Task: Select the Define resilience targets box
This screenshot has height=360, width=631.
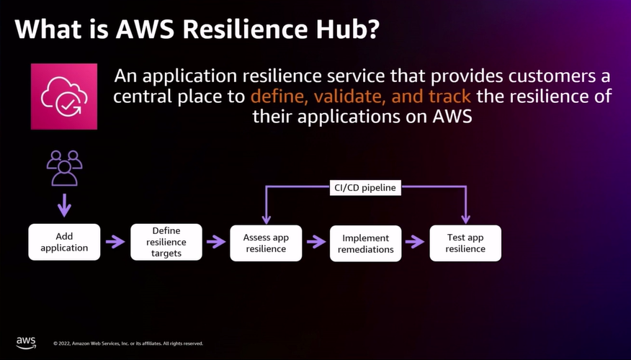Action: [166, 243]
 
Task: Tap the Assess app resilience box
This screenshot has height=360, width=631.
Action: [266, 243]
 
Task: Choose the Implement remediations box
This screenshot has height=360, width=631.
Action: [365, 243]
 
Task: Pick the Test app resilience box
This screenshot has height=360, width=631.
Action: [465, 243]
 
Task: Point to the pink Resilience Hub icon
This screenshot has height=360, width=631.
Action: [64, 96]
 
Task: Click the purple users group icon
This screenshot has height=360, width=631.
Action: [64, 168]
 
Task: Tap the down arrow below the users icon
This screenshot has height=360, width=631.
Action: [64, 205]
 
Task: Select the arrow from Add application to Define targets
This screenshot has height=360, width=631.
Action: [115, 243]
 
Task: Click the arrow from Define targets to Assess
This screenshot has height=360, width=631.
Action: [216, 243]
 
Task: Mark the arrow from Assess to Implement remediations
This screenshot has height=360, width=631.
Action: [315, 243]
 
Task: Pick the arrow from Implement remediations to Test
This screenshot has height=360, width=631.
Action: [415, 243]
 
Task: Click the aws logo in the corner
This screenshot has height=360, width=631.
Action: [26, 341]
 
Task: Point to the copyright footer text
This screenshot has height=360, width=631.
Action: [128, 343]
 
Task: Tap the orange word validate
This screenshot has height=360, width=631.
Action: [346, 96]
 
